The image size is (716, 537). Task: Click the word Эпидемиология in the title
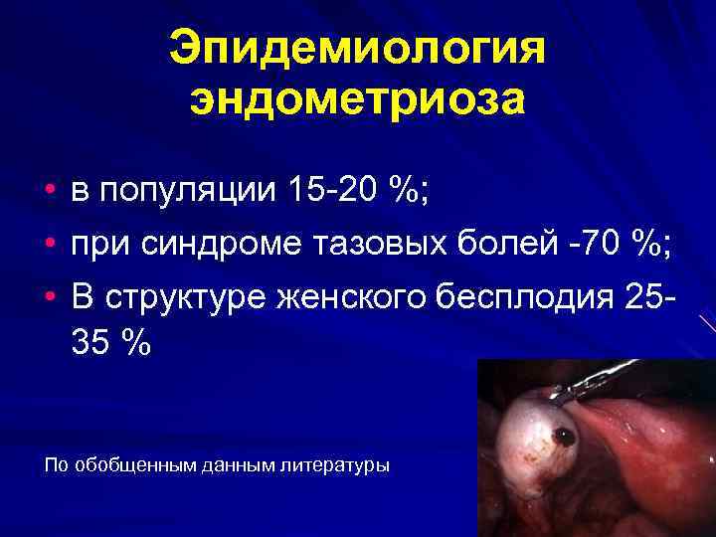coord(358,49)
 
